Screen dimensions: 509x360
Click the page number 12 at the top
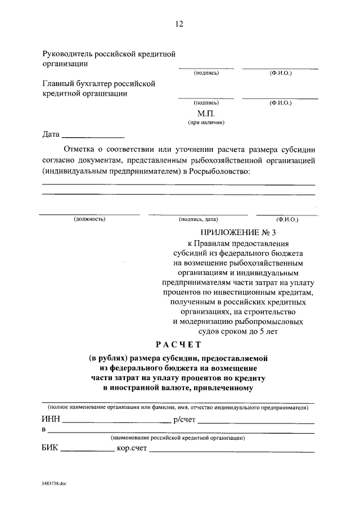click(x=179, y=24)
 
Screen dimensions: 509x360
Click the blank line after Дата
click(x=93, y=136)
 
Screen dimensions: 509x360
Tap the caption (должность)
click(x=89, y=219)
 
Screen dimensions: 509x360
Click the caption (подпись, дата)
click(x=198, y=219)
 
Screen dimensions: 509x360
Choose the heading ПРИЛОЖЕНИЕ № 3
click(x=238, y=232)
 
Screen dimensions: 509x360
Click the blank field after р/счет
click(x=256, y=420)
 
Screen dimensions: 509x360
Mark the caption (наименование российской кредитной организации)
click(x=177, y=438)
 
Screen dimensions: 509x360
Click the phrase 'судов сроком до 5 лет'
click(x=238, y=331)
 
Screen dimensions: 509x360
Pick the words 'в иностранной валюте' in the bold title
click(x=146, y=388)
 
